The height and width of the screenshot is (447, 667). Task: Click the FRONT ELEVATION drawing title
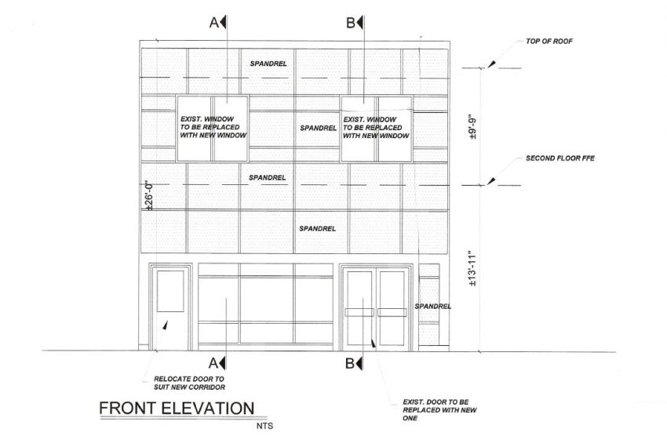click(x=177, y=409)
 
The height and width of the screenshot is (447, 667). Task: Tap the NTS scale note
click(x=264, y=426)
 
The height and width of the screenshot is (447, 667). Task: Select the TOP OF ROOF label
click(x=549, y=42)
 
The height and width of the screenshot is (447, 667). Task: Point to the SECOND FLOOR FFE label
click(x=560, y=158)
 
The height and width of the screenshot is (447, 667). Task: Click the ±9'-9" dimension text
click(x=472, y=126)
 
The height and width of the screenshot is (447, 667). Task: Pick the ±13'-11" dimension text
click(x=472, y=268)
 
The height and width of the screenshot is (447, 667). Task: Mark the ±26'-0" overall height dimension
click(x=149, y=197)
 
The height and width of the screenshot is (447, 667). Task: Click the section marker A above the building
click(x=218, y=22)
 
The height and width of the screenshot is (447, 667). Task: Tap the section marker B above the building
click(x=355, y=22)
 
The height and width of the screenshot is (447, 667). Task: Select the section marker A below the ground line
click(x=217, y=363)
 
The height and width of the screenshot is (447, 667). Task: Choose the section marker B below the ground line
click(x=354, y=363)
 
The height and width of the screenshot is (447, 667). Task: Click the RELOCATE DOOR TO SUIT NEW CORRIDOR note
click(x=189, y=383)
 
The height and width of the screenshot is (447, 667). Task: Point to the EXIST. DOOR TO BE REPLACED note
click(x=440, y=410)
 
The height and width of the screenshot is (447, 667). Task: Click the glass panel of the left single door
click(x=170, y=291)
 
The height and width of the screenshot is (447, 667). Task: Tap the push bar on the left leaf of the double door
click(x=359, y=313)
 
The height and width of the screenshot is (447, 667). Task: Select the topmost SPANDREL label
click(x=268, y=64)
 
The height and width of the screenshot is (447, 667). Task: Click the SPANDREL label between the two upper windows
click(x=318, y=128)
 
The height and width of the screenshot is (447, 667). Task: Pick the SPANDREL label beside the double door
click(x=432, y=306)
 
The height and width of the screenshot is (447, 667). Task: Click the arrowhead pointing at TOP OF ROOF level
click(x=491, y=64)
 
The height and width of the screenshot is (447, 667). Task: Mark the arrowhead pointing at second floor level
click(x=491, y=181)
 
